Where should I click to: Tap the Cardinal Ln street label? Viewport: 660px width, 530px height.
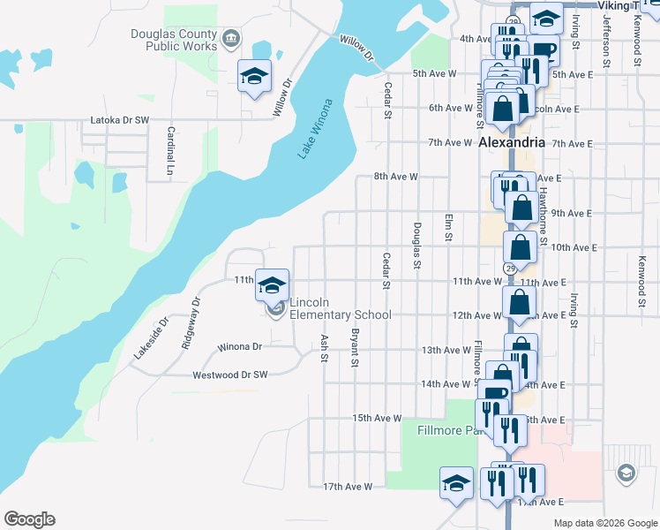(x=170, y=148)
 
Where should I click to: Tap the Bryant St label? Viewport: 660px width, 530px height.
(x=355, y=349)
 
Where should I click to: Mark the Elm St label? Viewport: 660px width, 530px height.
(x=448, y=226)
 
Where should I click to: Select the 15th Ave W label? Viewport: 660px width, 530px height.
(x=377, y=418)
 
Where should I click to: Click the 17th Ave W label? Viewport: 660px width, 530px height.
(x=348, y=486)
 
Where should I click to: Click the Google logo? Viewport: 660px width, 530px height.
(x=29, y=519)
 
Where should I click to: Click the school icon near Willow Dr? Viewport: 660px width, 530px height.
(x=254, y=76)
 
